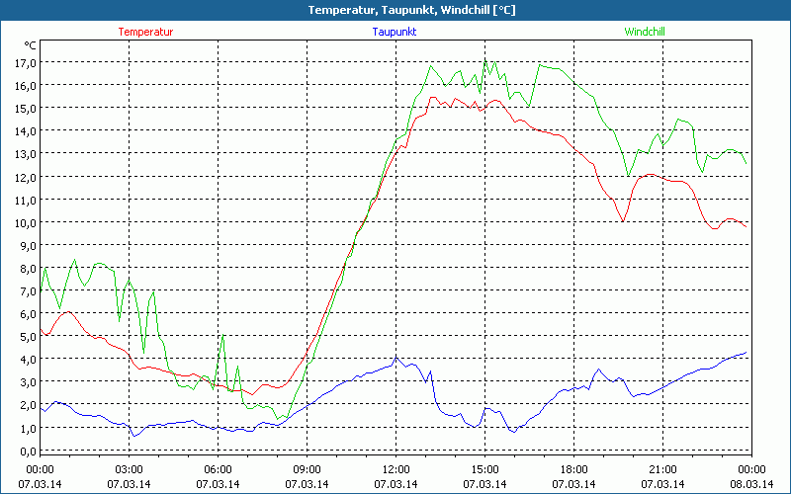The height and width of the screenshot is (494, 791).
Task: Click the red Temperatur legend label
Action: pyautogui.click(x=145, y=32)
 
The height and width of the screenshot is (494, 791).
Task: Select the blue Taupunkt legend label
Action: pyautogui.click(x=395, y=32)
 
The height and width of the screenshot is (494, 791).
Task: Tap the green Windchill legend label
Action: pyautogui.click(x=645, y=32)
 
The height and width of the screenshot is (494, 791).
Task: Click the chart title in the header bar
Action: pyautogui.click(x=396, y=10)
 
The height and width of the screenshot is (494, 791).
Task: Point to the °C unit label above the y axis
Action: pyautogui.click(x=32, y=45)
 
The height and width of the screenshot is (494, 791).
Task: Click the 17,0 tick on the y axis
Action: pyautogui.click(x=25, y=62)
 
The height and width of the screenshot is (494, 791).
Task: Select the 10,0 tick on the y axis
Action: pyautogui.click(x=25, y=222)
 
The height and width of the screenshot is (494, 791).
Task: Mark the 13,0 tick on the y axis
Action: pyautogui.click(x=25, y=153)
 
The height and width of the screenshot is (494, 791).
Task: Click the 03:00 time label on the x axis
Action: pyautogui.click(x=130, y=468)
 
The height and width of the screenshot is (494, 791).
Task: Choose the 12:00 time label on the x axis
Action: pyautogui.click(x=395, y=468)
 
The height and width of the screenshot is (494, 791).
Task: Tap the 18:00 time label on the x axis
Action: pyautogui.click(x=573, y=468)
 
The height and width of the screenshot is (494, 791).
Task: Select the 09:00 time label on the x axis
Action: pyautogui.click(x=307, y=468)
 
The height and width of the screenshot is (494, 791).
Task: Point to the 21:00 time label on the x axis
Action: pyautogui.click(x=662, y=468)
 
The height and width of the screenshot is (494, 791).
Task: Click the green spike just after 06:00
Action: pyautogui.click(x=222, y=337)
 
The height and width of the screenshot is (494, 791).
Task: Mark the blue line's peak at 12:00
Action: pyautogui.click(x=395, y=358)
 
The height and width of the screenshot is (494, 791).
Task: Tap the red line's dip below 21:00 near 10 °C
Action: pyautogui.click(x=624, y=220)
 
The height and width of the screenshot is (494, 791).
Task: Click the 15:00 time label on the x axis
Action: pyautogui.click(x=484, y=468)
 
